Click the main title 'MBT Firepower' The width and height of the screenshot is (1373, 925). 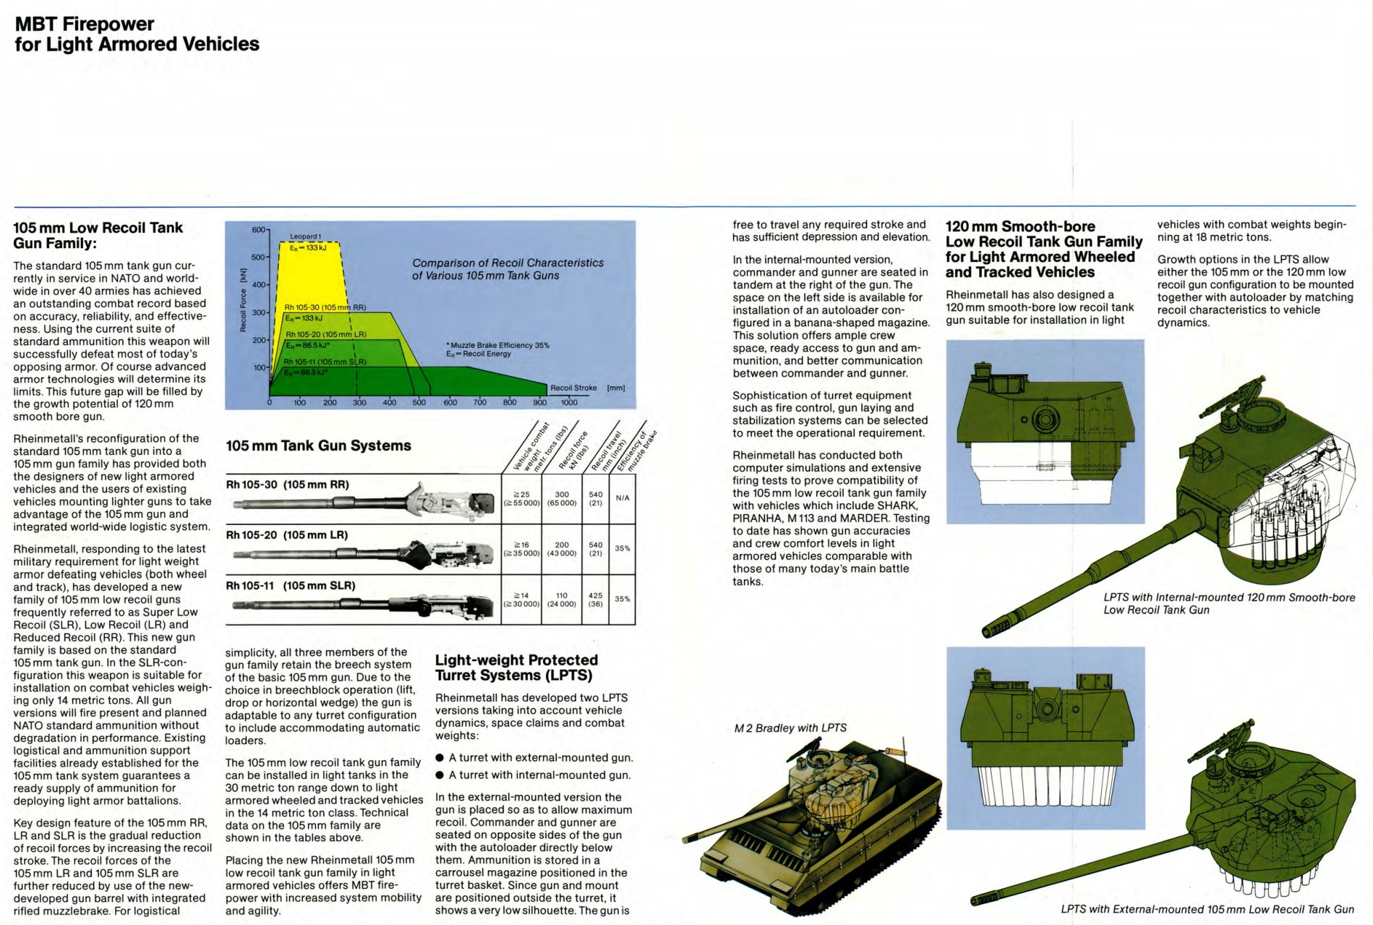tap(85, 25)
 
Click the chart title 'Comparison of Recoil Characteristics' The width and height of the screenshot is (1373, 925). tap(508, 263)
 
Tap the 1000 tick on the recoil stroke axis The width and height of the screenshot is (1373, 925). tap(569, 402)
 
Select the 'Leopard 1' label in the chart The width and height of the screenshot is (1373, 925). tap(305, 236)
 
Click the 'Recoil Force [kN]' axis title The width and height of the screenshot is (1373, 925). tap(244, 301)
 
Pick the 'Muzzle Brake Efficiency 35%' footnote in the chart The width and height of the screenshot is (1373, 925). tap(499, 345)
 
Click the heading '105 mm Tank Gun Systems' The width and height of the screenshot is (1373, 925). tap(318, 446)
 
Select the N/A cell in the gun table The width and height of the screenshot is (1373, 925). tap(623, 498)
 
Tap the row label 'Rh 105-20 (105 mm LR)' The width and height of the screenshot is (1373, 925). tap(287, 535)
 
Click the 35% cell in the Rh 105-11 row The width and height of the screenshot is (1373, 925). tap(623, 599)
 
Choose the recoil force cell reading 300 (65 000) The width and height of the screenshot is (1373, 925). tap(562, 498)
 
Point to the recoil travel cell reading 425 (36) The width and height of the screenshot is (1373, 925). tap(595, 600)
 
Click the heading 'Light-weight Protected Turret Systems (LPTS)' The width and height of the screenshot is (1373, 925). tap(516, 668)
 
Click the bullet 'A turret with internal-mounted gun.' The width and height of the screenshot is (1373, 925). tap(539, 775)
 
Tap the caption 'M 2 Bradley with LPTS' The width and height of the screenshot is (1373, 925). tap(790, 728)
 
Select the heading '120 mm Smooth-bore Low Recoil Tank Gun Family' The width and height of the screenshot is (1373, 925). tap(1044, 249)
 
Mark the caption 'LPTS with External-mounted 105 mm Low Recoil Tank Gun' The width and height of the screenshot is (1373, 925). tap(1207, 909)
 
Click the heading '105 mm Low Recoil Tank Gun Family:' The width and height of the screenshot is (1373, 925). tap(98, 235)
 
